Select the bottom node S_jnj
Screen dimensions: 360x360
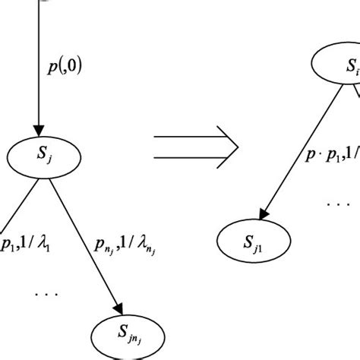coord(122,335)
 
